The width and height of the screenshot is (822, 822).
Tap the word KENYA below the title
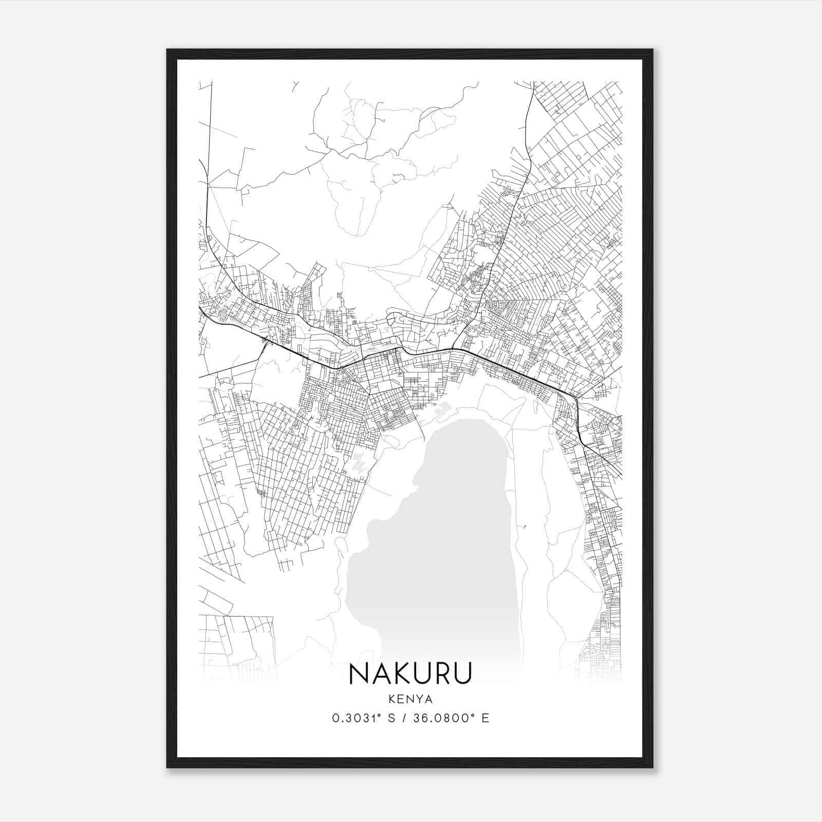click(x=410, y=699)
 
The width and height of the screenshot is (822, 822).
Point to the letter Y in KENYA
click(x=418, y=699)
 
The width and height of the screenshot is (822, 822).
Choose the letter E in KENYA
click(x=401, y=699)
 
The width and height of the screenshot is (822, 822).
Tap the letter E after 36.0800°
click(x=485, y=718)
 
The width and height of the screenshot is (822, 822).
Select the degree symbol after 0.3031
click(x=382, y=715)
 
